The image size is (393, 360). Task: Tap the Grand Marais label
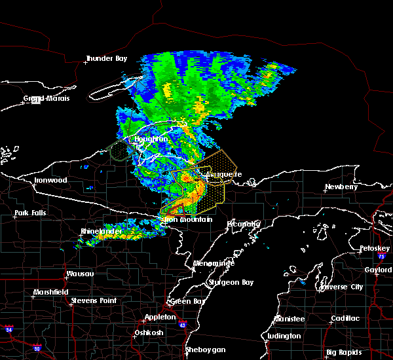click(47, 98)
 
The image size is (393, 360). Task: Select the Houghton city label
click(151, 139)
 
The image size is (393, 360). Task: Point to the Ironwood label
click(50, 180)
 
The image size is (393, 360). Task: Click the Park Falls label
click(30, 213)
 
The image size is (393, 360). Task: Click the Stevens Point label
click(94, 300)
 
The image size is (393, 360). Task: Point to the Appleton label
click(161, 317)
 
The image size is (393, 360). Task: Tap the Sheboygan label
click(205, 350)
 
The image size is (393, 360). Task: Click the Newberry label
click(343, 187)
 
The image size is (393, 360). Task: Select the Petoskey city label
click(375, 249)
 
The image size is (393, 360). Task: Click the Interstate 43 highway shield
click(181, 325)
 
